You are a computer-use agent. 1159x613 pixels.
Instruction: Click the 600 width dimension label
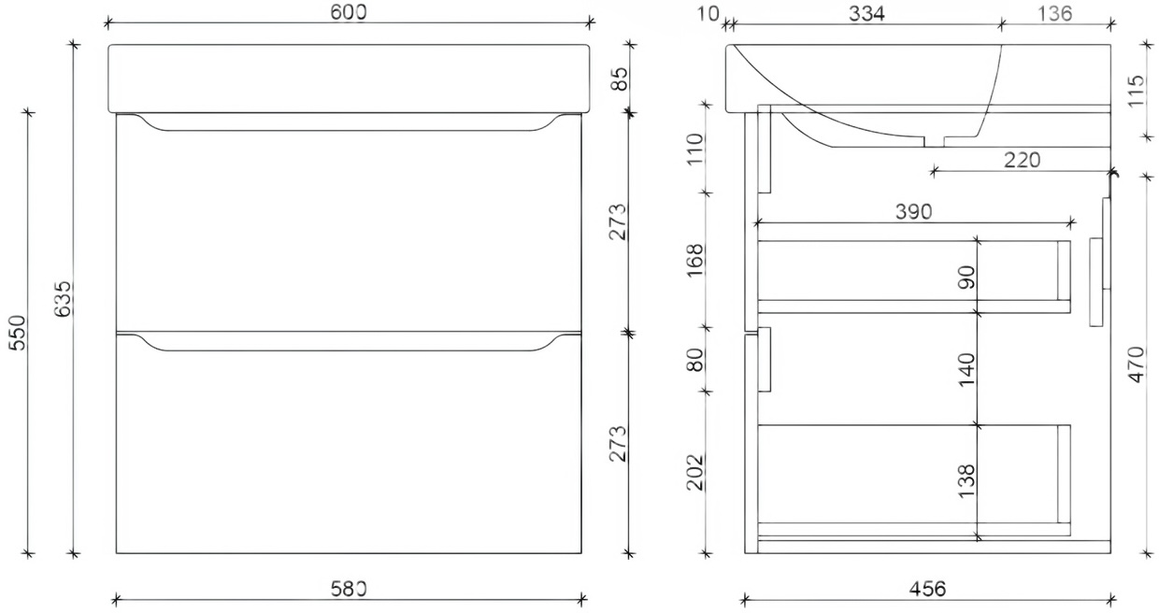347,12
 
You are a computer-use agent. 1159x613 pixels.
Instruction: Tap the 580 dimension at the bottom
349,589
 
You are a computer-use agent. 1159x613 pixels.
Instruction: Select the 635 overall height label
61,299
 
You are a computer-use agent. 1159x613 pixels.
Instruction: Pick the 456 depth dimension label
927,589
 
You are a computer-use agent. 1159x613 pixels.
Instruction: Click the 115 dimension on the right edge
1136,93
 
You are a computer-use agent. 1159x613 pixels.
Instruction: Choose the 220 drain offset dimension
1022,160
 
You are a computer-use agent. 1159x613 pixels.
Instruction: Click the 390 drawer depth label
913,212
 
